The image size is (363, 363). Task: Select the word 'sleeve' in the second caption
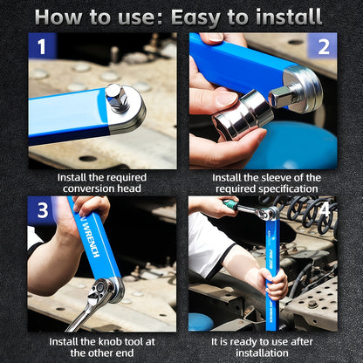pos(269,177)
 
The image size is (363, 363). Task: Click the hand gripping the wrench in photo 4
pos(274,282)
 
